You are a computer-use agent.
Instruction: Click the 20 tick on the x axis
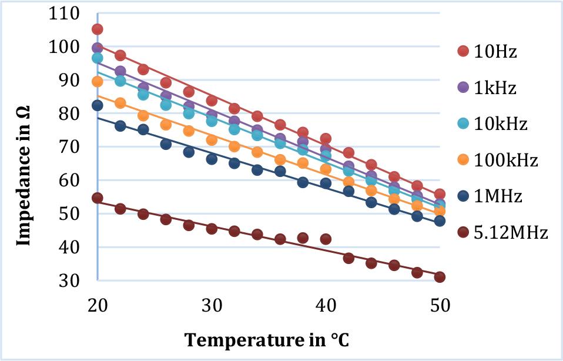pos(98,305)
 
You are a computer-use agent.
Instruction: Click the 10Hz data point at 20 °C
pos(98,29)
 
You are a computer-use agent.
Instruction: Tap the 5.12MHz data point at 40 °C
pos(326,239)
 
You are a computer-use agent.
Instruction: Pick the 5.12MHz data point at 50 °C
pos(440,277)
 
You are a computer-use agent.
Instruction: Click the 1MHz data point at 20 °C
pos(98,106)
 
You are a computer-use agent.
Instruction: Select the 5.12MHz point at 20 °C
pos(98,198)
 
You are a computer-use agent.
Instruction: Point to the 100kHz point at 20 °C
pos(98,82)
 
